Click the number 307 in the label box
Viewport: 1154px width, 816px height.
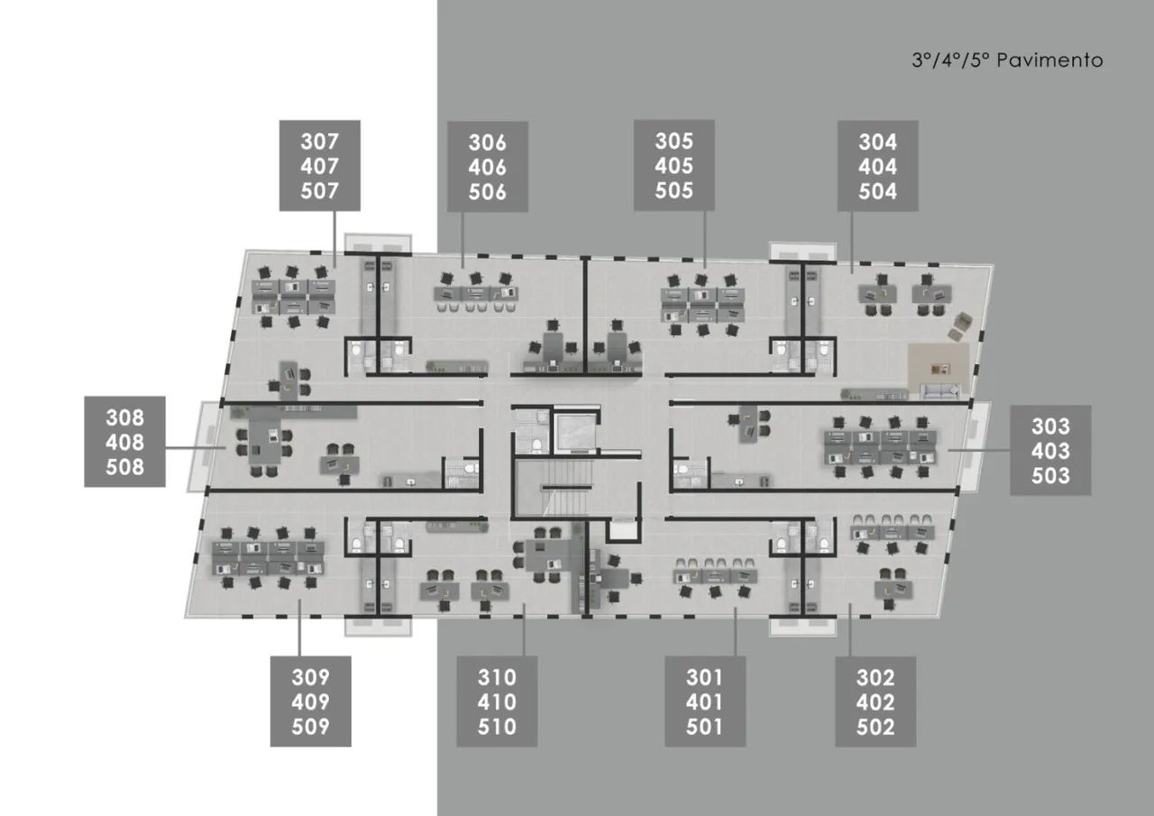point(319,142)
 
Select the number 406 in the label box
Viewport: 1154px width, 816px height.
point(488,167)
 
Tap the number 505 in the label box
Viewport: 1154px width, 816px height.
point(673,190)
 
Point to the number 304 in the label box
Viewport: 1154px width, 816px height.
point(877,142)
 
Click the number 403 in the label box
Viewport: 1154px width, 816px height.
point(1050,451)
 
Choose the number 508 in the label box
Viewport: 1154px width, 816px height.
point(124,467)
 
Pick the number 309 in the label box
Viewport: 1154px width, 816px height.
point(310,677)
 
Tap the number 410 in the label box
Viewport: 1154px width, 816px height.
point(497,701)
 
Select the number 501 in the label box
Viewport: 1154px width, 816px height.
point(704,727)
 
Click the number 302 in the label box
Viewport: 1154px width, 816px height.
point(875,677)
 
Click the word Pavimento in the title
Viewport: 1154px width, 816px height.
point(1049,60)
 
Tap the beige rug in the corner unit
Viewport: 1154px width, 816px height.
point(939,371)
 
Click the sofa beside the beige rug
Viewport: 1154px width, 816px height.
point(940,391)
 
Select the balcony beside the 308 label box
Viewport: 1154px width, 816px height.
point(204,446)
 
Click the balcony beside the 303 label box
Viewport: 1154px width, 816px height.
point(975,447)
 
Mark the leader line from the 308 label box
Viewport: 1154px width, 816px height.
point(196,448)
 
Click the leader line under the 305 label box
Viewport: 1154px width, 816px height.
point(705,240)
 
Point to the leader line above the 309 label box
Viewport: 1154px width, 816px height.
point(299,628)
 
